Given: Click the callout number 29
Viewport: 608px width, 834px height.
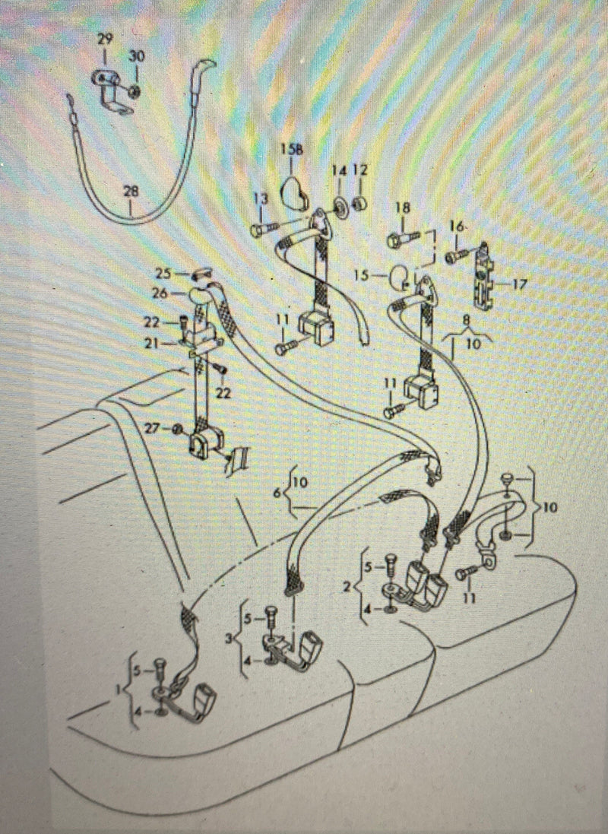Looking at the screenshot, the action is tap(105, 39).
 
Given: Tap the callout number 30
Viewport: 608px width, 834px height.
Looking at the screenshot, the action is tap(137, 56).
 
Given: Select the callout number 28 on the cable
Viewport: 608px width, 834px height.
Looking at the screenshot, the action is tap(131, 192).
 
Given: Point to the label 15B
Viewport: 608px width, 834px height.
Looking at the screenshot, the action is tap(292, 150).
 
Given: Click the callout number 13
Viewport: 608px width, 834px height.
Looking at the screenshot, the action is tap(261, 198).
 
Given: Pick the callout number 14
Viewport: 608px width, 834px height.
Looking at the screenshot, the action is tap(339, 171).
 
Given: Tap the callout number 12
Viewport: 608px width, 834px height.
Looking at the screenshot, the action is tap(359, 170).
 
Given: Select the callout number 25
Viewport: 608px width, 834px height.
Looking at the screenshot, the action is tap(163, 274).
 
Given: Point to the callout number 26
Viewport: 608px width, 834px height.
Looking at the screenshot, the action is tap(159, 293).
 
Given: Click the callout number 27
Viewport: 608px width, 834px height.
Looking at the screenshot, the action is tap(153, 427).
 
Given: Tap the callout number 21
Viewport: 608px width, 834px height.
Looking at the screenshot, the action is tap(152, 344).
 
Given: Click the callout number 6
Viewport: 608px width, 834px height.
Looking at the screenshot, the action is tap(277, 493).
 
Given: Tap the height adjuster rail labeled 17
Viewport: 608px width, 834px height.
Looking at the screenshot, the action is tap(483, 277).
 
